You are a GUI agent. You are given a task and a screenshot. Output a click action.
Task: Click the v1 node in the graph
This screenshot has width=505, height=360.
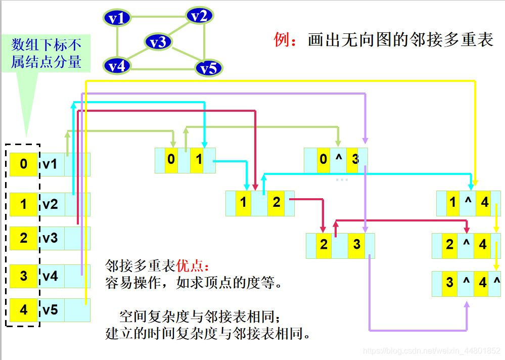click(117, 18)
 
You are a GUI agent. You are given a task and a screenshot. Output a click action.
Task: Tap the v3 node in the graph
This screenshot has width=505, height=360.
click(158, 42)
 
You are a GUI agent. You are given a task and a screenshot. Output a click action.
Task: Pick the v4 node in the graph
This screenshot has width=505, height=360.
click(117, 65)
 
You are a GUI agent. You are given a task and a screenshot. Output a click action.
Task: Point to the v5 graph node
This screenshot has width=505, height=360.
click(208, 67)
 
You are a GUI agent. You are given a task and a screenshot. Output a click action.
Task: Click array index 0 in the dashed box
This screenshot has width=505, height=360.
click(24, 164)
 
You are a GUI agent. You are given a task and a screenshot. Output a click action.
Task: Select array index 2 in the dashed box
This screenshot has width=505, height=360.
click(24, 238)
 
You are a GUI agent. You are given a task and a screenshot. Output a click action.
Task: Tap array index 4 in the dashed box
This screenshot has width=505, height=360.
click(24, 309)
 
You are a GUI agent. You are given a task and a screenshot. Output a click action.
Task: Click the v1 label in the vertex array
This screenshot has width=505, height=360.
click(50, 164)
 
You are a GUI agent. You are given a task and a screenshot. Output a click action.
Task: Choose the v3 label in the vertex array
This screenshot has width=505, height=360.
click(50, 238)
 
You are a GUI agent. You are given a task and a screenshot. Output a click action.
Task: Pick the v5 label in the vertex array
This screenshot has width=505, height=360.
click(50, 309)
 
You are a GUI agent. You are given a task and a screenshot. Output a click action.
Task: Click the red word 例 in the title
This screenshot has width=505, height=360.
click(281, 40)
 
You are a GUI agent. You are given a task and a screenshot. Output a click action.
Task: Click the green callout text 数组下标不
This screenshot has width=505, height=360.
click(47, 44)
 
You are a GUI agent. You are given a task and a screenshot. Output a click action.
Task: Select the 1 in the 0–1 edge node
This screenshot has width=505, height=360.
click(199, 160)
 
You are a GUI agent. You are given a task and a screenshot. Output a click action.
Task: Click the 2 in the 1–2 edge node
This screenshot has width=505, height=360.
click(276, 203)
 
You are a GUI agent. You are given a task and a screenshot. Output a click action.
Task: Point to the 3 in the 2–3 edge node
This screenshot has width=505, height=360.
click(356, 245)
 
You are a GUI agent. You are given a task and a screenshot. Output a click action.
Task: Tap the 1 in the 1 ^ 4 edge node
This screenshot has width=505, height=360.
click(452, 203)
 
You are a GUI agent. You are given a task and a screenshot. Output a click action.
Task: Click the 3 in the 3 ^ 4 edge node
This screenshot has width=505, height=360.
click(449, 282)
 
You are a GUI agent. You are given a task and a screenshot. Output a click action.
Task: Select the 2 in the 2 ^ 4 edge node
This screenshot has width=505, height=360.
click(450, 245)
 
